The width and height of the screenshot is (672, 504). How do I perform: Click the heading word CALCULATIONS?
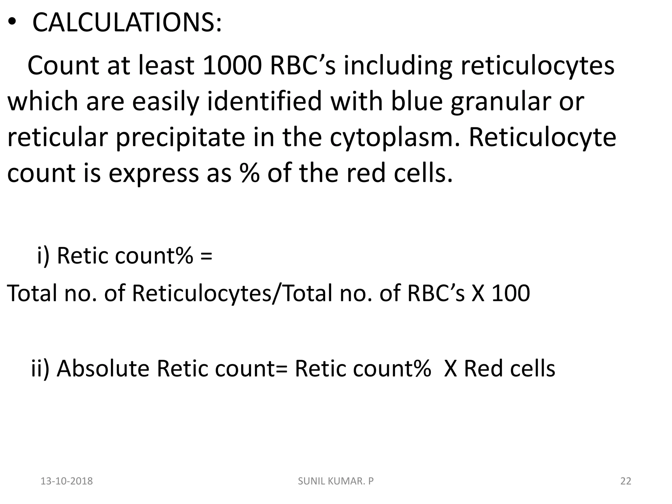[127, 23]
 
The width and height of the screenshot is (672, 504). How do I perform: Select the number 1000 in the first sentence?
[232, 66]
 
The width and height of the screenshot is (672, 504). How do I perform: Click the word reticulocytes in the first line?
[537, 66]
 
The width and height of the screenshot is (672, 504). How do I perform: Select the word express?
[154, 174]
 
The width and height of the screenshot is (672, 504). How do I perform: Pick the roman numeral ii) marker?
[40, 368]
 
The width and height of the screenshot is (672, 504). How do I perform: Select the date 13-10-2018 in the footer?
[67, 481]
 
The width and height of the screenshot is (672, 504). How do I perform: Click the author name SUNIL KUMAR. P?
[336, 481]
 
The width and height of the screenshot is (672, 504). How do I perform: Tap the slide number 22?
[626, 481]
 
